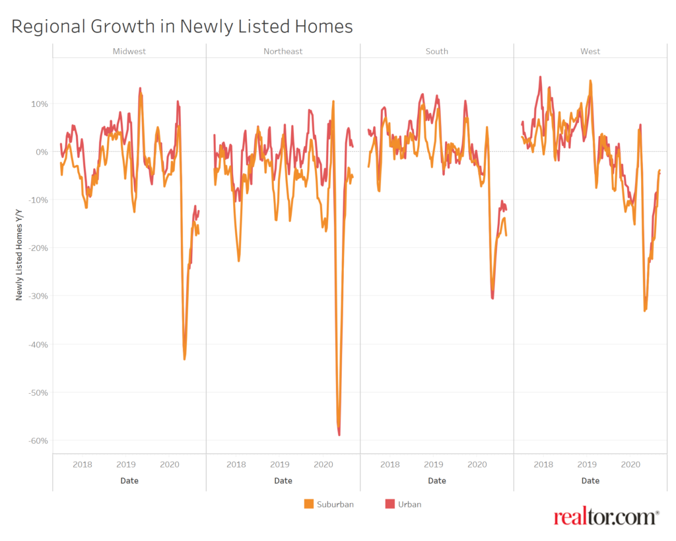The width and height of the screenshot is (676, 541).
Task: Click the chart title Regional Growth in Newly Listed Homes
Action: (182, 26)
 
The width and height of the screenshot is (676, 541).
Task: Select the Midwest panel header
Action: (129, 52)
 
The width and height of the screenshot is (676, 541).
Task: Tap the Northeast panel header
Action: (283, 52)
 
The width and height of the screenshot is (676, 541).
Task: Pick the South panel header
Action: (436, 52)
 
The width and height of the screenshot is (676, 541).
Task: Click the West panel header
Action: (590, 52)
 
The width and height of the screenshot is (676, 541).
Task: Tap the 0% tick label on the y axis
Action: (41, 152)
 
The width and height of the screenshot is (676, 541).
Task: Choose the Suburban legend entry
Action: (328, 504)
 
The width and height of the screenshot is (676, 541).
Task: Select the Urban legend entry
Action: (402, 504)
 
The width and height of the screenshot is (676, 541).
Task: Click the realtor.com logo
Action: (606, 517)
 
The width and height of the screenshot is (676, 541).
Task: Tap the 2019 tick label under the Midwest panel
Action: (126, 464)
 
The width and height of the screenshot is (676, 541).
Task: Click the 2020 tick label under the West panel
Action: (630, 464)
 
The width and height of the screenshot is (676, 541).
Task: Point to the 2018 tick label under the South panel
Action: (389, 464)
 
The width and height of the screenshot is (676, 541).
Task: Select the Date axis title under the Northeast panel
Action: (283, 481)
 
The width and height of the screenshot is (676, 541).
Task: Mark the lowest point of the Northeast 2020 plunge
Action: (339, 434)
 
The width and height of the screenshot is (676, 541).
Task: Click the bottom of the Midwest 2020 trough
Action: (184, 359)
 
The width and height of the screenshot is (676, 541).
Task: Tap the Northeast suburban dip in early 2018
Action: (239, 260)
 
